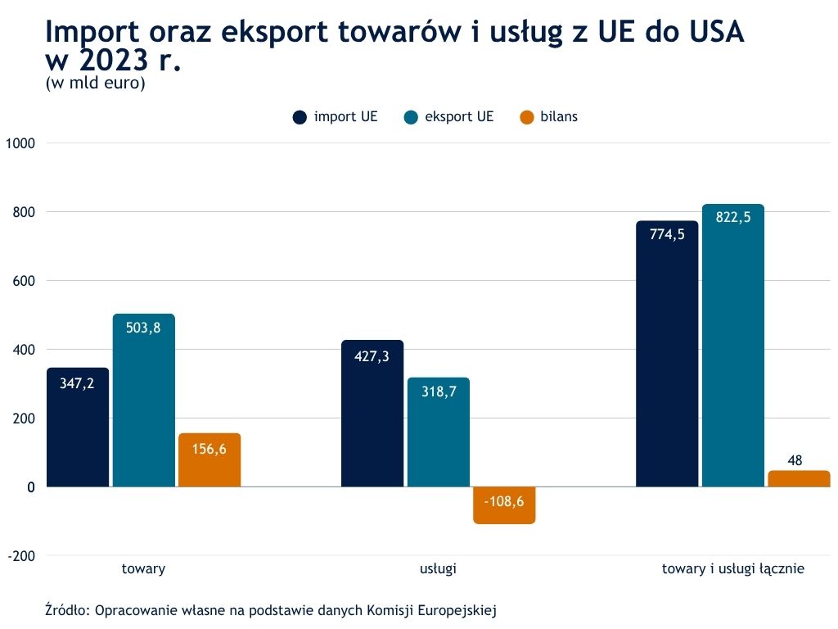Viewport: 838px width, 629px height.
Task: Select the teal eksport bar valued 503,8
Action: (143, 400)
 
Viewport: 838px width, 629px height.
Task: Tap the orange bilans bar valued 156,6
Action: (209, 460)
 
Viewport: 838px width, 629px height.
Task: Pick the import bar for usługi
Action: (372, 414)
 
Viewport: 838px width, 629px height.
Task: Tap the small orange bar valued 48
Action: (799, 478)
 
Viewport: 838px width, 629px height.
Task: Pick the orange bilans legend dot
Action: (527, 117)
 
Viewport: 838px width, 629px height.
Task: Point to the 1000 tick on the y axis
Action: (21, 143)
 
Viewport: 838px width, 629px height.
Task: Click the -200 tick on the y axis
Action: (21, 556)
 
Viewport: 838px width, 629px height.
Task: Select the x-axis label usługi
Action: (438, 568)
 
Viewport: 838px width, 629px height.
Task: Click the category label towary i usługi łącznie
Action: (733, 568)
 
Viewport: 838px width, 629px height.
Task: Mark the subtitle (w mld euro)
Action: (95, 84)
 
